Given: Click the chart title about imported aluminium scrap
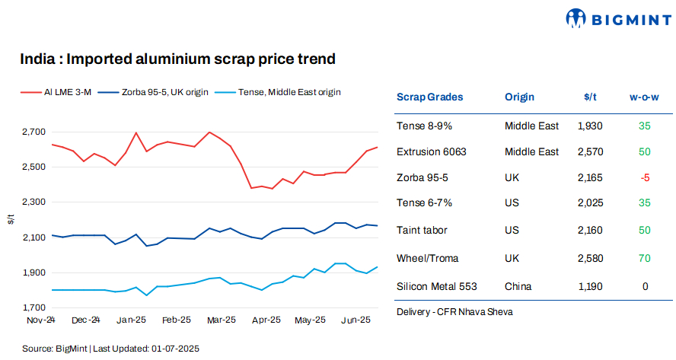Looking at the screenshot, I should [178, 59].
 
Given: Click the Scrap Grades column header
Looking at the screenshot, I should [430, 97].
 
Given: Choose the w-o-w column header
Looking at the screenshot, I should [644, 97].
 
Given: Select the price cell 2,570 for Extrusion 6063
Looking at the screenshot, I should [590, 152].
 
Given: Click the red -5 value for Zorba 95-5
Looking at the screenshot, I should [644, 178].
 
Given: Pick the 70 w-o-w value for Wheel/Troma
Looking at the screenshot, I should [644, 259].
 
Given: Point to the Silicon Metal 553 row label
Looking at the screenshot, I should [436, 286].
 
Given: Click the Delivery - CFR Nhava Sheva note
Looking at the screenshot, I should [454, 312].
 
